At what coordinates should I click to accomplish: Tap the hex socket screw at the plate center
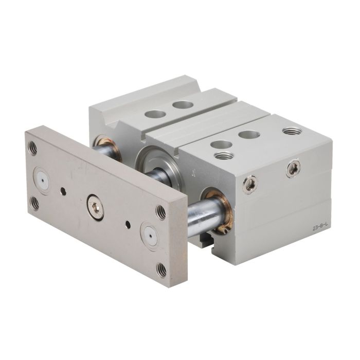point(95,208)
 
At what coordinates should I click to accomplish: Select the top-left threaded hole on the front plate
point(32,148)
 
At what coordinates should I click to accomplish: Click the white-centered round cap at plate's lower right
point(150,236)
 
